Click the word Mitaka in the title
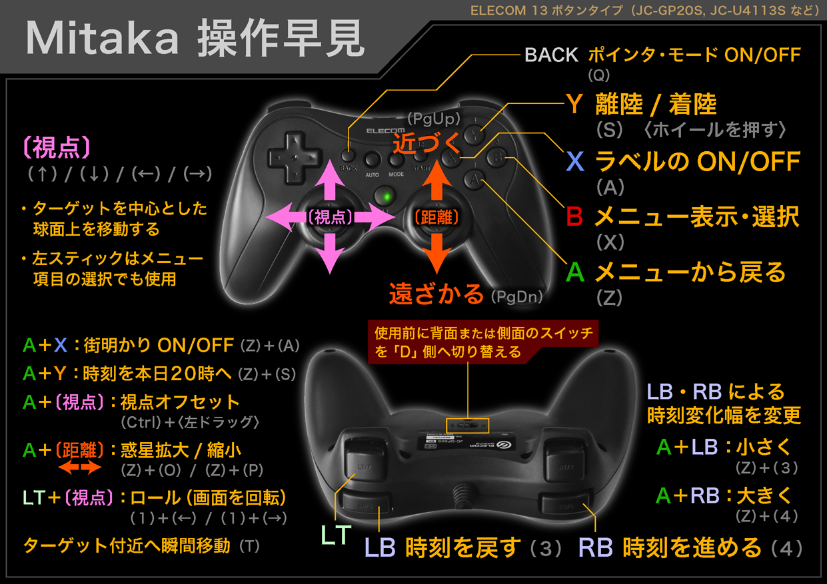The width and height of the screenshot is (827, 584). point(102,38)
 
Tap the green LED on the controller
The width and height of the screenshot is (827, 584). point(387,196)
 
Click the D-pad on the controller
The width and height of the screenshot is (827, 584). point(295,158)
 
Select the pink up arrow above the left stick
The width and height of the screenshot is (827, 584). point(330,180)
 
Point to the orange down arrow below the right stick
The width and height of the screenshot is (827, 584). point(436,254)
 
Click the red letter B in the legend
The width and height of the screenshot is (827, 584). point(574,216)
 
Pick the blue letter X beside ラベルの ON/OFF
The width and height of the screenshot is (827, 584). point(575,161)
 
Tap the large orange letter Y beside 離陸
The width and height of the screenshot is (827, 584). point(574,104)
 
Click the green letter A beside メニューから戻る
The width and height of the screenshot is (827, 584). point(575,272)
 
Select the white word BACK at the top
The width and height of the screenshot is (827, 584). point(551,55)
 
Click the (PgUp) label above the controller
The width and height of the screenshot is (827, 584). point(434,119)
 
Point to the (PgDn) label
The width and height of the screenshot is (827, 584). point(517,296)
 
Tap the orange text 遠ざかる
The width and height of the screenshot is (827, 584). point(436,294)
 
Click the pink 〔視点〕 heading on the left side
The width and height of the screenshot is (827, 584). point(57,148)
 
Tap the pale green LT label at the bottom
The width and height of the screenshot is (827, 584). point(336,535)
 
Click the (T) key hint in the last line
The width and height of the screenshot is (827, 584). point(250,546)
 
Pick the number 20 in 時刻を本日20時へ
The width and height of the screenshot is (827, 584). point(183,374)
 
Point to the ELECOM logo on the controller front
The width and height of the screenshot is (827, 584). point(385,131)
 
